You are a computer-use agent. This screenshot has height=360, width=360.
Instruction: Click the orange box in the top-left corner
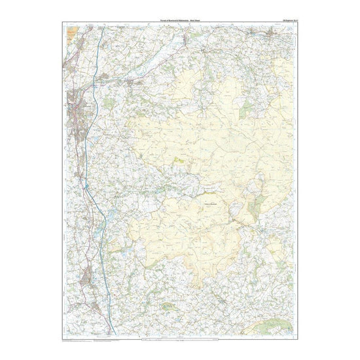click(x=70, y=31)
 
